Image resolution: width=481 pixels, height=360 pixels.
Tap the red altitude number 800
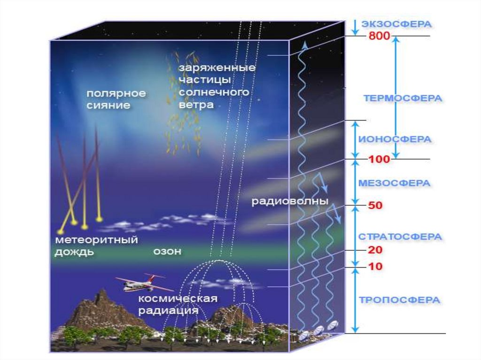click(x=379, y=36)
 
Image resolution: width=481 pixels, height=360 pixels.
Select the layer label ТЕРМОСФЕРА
click(x=403, y=98)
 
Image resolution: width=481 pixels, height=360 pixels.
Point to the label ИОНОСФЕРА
click(x=395, y=139)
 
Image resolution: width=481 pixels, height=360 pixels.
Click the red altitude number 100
click(x=379, y=159)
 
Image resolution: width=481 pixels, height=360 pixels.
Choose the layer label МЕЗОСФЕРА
click(x=394, y=183)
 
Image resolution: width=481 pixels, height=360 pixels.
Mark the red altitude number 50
click(x=375, y=205)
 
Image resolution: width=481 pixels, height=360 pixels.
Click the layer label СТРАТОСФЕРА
click(x=400, y=237)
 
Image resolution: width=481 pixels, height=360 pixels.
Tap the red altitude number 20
click(x=375, y=250)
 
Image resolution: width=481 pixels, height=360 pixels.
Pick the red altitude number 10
click(x=375, y=267)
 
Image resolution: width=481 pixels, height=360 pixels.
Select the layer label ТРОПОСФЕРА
click(x=400, y=300)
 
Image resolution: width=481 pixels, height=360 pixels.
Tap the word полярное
click(x=116, y=93)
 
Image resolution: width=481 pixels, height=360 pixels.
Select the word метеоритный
click(x=96, y=240)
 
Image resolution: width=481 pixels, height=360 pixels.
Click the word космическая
click(x=178, y=299)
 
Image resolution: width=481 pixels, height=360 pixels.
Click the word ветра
click(x=196, y=105)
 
